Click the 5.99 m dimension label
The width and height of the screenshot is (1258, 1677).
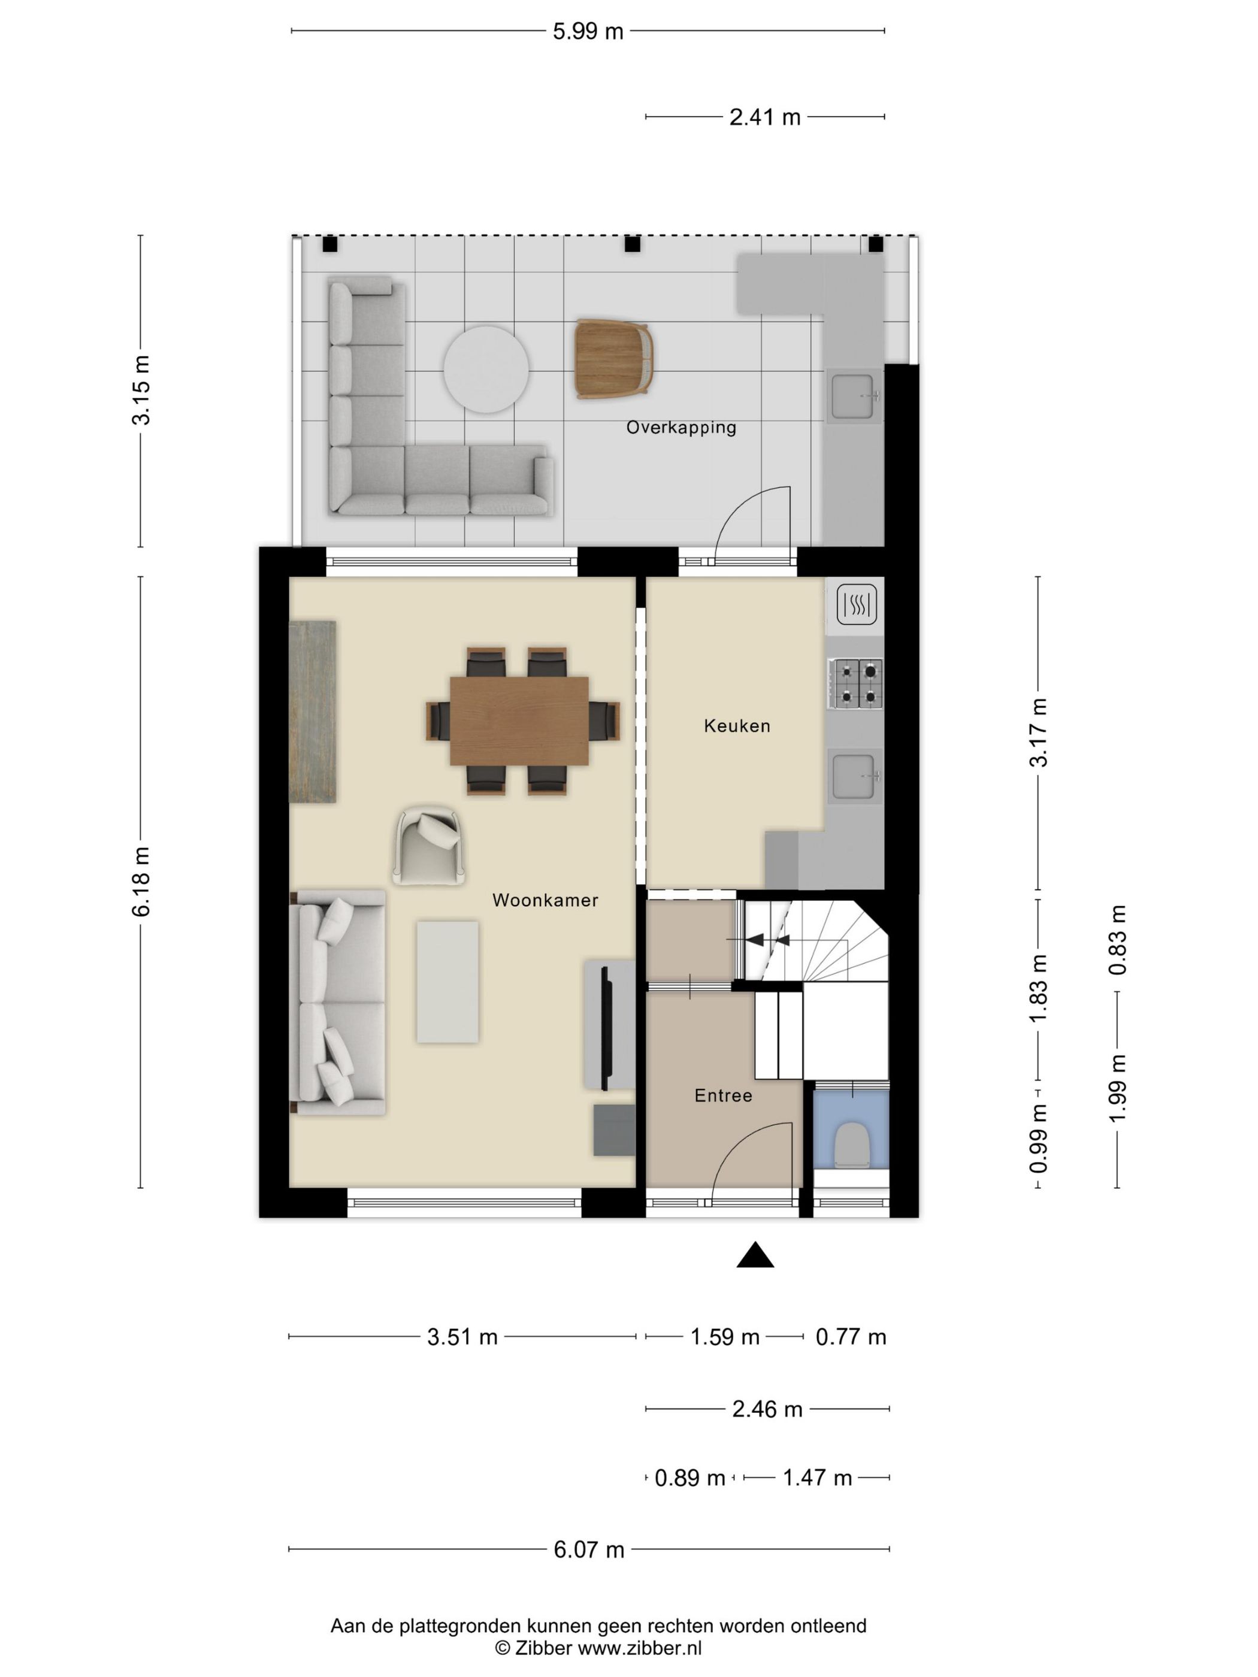click(x=588, y=32)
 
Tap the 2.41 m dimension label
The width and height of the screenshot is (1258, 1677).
click(x=764, y=117)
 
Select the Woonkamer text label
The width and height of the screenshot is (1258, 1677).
click(x=545, y=901)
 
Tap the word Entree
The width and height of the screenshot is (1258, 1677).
click(x=722, y=1095)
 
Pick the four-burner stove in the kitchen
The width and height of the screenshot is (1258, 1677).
click(x=855, y=683)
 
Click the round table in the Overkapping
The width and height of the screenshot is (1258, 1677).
click(x=486, y=369)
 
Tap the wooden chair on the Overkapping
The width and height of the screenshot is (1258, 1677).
click(x=613, y=359)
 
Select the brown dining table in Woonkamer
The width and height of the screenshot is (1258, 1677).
click(x=519, y=721)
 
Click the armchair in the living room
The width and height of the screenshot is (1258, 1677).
click(x=428, y=845)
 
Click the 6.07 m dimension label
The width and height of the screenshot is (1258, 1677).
click(x=588, y=1549)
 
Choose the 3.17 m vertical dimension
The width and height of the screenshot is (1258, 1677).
click(x=1038, y=732)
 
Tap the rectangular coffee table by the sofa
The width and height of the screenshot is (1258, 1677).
click(x=447, y=982)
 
